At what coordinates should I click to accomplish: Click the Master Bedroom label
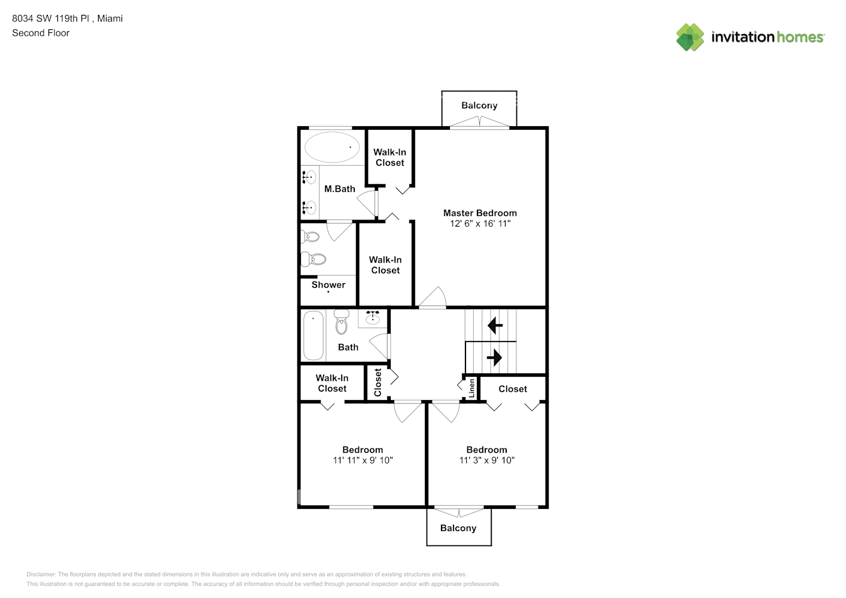(480, 213)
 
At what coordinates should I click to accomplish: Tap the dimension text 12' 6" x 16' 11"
(480, 224)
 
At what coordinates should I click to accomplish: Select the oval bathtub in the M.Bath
(332, 147)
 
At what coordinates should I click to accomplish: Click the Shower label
(328, 285)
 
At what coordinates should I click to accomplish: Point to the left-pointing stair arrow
(495, 325)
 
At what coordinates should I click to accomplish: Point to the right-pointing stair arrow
(494, 358)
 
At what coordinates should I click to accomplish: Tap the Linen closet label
(471, 388)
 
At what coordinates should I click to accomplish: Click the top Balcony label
(479, 105)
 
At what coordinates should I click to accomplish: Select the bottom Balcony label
(458, 528)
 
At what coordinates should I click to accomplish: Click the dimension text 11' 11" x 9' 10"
(363, 460)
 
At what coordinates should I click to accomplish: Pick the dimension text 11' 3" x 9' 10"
(486, 460)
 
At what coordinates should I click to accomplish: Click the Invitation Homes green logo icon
(690, 37)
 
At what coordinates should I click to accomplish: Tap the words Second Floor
(41, 33)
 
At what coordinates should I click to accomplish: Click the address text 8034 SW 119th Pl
(51, 19)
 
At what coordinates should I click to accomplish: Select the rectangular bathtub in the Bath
(313, 335)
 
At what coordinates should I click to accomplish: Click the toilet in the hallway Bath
(341, 322)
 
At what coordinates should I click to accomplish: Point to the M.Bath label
(339, 189)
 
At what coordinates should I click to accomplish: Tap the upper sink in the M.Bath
(309, 177)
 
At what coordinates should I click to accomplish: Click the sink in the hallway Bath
(373, 318)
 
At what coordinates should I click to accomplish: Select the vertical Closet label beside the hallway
(378, 382)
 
